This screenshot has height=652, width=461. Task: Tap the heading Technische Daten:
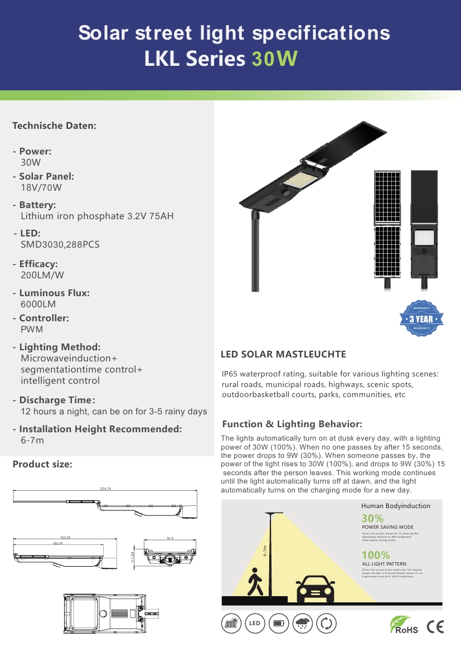[x=55, y=125]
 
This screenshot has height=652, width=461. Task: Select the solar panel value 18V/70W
[x=41, y=187]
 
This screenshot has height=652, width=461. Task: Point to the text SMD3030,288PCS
[x=60, y=244]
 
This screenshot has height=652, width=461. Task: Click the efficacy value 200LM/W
[x=42, y=275]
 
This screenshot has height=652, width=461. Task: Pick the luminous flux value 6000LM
[x=38, y=304]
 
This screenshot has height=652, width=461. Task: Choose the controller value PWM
[x=32, y=329]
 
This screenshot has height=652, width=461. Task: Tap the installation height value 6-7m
[x=32, y=440]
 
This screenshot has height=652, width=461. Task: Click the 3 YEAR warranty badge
[x=422, y=319]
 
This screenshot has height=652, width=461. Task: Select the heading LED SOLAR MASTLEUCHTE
[x=283, y=354]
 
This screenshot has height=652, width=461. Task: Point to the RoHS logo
[x=404, y=625]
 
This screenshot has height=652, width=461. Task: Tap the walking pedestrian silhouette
[x=255, y=583]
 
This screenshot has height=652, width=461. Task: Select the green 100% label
[x=376, y=555]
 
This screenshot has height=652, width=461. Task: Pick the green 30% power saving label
[x=372, y=518]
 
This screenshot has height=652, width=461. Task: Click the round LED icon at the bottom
[x=255, y=624]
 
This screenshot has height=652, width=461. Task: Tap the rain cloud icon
[x=303, y=624]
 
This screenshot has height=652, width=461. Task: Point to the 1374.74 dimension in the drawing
[x=105, y=489]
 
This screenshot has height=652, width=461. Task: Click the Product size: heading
[x=42, y=464]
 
